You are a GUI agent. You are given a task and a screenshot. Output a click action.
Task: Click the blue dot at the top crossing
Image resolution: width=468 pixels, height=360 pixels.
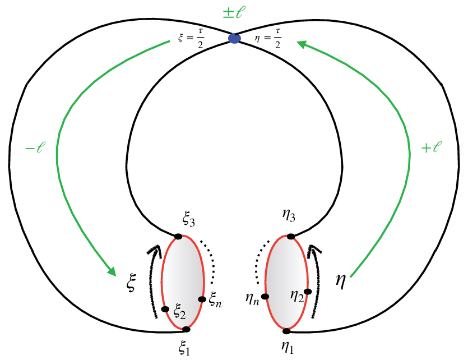pyautogui.click(x=234, y=38)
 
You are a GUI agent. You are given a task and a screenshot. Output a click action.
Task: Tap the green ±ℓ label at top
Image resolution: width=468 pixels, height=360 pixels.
pyautogui.click(x=234, y=12)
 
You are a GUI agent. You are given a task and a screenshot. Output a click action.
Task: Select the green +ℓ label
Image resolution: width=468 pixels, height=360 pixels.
pyautogui.click(x=431, y=147)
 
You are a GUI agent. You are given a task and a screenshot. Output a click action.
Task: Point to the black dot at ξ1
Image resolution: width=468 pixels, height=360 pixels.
pyautogui.click(x=186, y=329)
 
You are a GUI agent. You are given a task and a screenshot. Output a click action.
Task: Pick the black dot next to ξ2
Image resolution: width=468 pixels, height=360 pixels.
pyautogui.click(x=165, y=309)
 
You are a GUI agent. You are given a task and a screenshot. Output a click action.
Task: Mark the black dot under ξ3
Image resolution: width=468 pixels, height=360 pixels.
pyautogui.click(x=178, y=237)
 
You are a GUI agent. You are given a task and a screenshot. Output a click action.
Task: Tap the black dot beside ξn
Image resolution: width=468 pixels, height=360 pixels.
pyautogui.click(x=202, y=299)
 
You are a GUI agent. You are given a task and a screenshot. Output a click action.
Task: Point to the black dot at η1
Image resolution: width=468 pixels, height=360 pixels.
pyautogui.click(x=286, y=331)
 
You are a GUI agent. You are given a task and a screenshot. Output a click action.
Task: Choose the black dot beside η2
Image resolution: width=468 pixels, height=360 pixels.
pyautogui.click(x=308, y=292)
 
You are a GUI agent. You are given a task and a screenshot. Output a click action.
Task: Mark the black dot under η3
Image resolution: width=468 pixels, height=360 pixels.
pyautogui.click(x=291, y=237)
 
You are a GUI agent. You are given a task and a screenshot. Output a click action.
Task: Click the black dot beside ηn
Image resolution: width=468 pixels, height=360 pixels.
pyautogui.click(x=265, y=297)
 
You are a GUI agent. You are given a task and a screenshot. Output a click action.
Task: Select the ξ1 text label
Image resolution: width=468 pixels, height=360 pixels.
pyautogui.click(x=184, y=348)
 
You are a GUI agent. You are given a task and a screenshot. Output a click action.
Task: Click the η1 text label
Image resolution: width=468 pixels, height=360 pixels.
pyautogui.click(x=288, y=348)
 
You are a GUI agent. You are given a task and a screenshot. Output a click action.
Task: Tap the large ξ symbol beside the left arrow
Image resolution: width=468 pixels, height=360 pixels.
pyautogui.click(x=131, y=283)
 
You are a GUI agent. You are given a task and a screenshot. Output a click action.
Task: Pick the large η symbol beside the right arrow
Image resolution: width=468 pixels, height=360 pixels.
pyautogui.click(x=341, y=281)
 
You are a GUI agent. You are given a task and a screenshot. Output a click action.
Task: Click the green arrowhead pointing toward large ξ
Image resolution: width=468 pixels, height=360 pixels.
pyautogui.click(x=112, y=271)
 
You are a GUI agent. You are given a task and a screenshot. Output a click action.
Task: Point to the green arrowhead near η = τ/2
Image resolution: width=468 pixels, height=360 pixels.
pyautogui.click(x=302, y=44)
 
